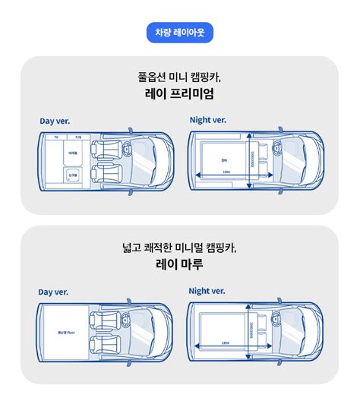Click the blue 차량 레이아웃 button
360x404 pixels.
(179, 33)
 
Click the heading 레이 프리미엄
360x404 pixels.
(179, 94)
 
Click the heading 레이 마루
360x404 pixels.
(179, 265)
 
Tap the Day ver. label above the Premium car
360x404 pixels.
(56, 121)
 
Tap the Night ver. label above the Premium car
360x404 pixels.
(207, 119)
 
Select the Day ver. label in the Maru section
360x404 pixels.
(55, 292)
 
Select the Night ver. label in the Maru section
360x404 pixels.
(207, 291)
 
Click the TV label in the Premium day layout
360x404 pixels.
(55, 137)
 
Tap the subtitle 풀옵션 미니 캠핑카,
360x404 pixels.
(179, 77)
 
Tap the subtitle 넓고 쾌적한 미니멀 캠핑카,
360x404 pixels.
(179, 248)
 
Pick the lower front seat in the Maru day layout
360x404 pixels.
(105, 342)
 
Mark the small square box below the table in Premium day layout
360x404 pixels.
(73, 174)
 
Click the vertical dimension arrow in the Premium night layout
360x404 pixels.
(250, 160)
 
